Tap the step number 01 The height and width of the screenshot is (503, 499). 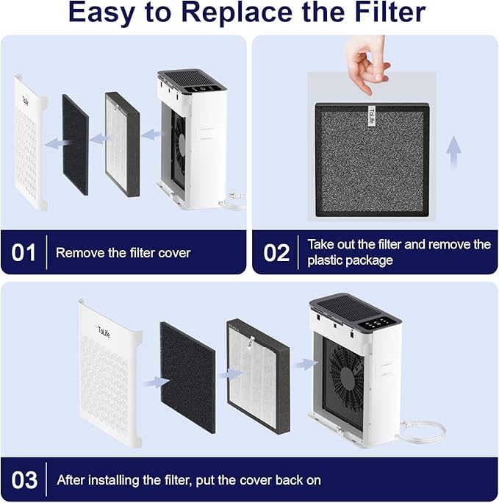(24, 253)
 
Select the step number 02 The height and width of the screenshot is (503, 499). (276, 253)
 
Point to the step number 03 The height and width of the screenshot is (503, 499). (24, 480)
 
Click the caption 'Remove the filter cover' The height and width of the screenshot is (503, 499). (123, 253)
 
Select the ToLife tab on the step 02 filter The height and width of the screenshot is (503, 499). (370, 116)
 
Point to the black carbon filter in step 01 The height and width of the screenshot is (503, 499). (75, 144)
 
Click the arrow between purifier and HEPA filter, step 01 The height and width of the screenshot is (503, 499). (151, 135)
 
